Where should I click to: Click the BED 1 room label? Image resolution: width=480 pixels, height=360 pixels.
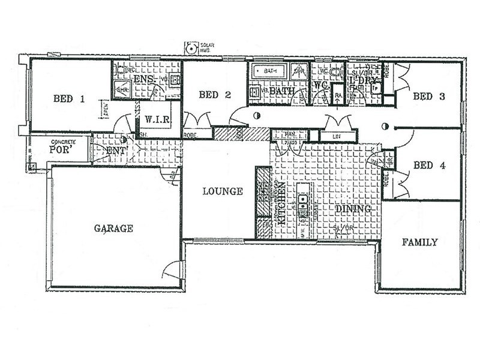pos(68,100)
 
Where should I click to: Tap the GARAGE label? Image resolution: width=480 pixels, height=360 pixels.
pos(113,228)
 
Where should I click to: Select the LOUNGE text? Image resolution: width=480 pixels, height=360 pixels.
pos(223,191)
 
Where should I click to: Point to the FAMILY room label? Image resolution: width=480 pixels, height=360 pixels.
pos(419,242)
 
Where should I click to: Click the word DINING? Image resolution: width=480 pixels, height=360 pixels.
pos(349,209)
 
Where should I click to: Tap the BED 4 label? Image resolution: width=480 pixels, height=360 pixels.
pos(429,166)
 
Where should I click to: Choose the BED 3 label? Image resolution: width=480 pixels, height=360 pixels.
pos(429,97)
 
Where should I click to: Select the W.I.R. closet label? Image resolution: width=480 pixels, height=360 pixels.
pos(158,120)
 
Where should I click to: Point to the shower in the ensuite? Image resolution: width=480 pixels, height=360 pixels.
pos(122,90)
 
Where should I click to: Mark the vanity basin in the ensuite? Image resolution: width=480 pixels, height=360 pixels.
pos(175,79)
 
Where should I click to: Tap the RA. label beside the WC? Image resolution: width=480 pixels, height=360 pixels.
pos(338,95)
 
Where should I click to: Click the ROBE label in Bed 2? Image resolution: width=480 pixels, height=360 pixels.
pos(191,135)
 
